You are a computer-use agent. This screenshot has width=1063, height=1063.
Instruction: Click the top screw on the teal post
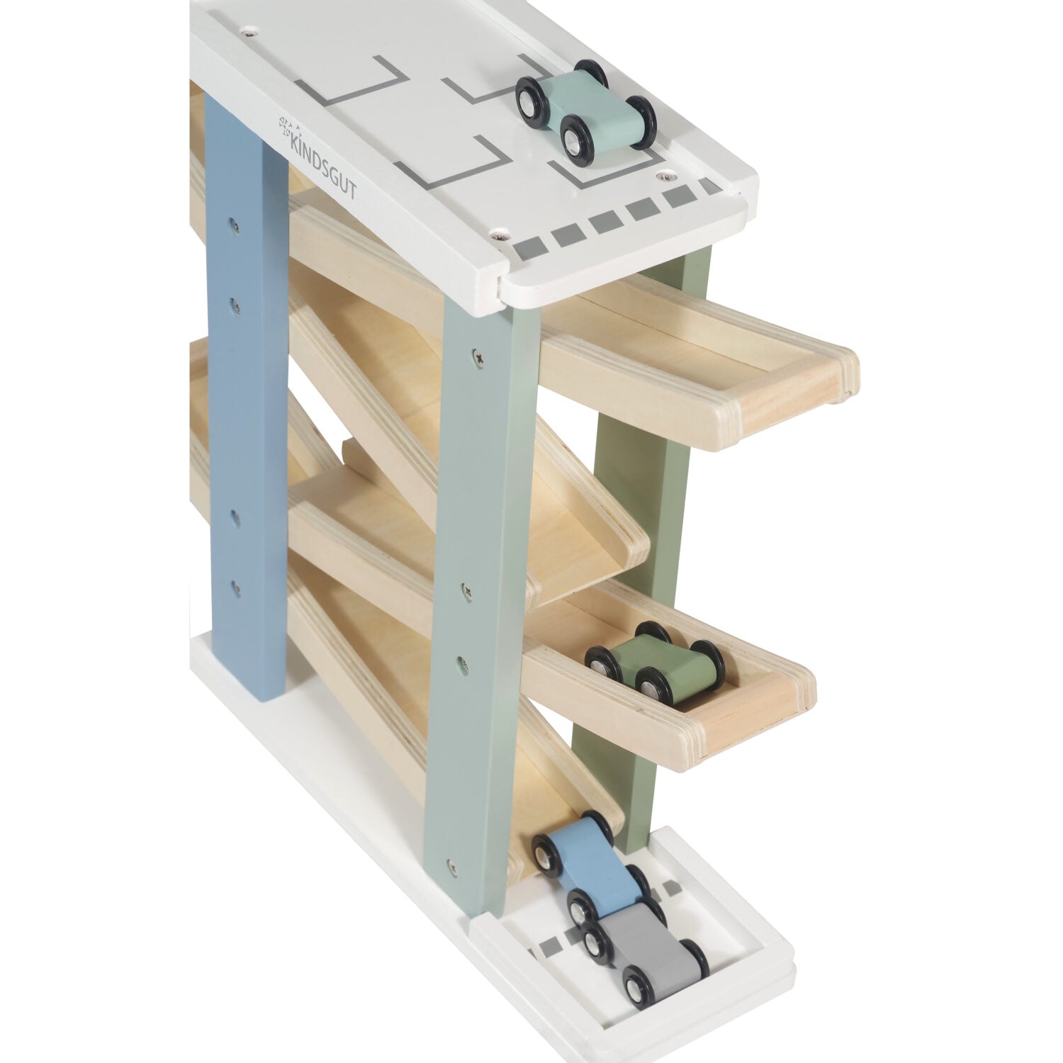point(471,350)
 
